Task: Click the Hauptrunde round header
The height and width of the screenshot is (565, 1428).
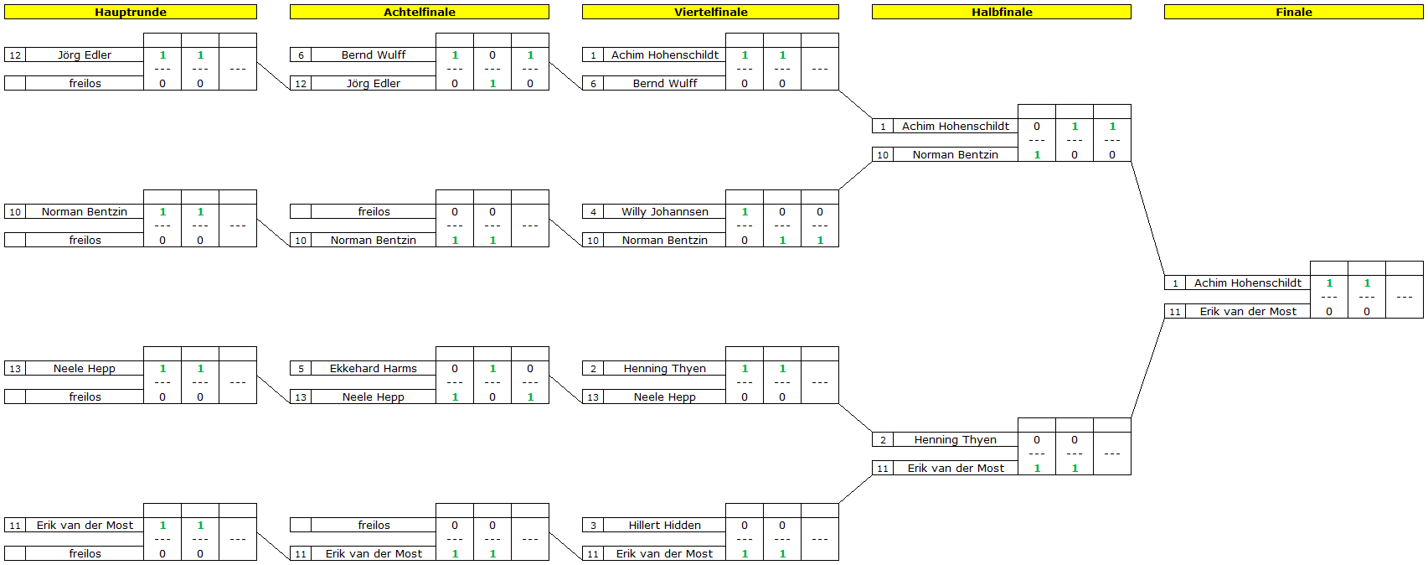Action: pos(131,12)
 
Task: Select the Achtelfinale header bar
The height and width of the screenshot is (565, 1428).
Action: pos(420,12)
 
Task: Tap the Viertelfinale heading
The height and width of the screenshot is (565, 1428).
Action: pos(710,12)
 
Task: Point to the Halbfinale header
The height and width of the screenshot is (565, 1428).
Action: pos(1002,12)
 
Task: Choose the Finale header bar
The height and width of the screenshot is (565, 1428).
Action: pos(1293,12)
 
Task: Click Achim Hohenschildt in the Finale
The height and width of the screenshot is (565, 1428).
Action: pos(1248,282)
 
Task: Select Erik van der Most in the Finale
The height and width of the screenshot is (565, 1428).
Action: pos(1248,312)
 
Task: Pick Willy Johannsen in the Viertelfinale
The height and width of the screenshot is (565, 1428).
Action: pos(665,211)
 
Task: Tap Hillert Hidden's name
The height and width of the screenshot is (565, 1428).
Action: pos(665,525)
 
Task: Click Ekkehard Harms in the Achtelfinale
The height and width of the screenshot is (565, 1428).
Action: pos(373,368)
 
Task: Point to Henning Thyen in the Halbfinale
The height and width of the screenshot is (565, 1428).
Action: pos(955,439)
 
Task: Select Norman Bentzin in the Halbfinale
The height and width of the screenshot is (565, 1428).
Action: pos(955,154)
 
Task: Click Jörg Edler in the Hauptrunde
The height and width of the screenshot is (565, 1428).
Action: pos(84,54)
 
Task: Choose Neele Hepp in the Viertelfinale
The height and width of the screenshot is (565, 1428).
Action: pos(665,397)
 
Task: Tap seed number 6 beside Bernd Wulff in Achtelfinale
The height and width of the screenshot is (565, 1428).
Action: pos(301,55)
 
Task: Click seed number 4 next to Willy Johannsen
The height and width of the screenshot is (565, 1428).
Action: pos(593,212)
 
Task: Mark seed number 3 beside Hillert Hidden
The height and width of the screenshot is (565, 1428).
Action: pos(593,526)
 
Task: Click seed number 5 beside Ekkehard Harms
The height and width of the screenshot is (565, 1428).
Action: pos(301,369)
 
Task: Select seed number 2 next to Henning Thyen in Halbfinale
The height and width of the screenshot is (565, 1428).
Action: pos(883,440)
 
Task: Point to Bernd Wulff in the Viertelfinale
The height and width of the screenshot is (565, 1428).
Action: pos(665,83)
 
